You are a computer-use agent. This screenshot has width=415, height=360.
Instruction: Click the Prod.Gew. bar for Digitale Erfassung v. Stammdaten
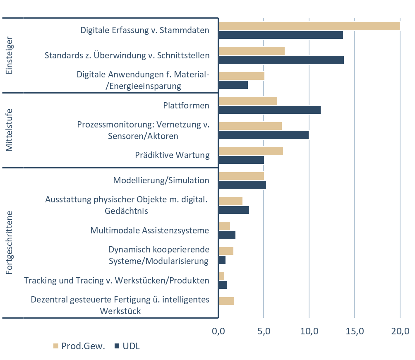[309, 26]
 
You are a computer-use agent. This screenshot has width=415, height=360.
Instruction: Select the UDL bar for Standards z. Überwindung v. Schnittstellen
[281, 60]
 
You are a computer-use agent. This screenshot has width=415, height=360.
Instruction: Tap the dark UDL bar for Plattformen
[269, 110]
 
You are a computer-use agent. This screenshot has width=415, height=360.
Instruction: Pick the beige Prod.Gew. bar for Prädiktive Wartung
[250, 151]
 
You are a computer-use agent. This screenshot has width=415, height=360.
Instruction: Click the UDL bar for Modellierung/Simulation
[242, 185]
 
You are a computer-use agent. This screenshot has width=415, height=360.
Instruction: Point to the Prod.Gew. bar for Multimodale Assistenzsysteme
[224, 226]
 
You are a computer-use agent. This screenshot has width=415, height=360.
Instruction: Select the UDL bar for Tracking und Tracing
[223, 285]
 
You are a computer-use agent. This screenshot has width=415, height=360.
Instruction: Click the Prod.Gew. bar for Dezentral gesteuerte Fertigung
[226, 301]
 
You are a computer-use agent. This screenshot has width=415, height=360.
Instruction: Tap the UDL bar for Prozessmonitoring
[263, 135]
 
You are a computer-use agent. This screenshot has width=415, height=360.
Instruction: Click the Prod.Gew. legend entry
[76, 346]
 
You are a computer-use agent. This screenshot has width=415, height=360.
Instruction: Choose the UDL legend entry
[129, 346]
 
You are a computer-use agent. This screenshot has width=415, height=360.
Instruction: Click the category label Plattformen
[186, 106]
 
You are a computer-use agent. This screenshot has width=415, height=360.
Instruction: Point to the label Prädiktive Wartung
[172, 155]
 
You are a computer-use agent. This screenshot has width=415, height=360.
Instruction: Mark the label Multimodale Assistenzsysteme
[150, 230]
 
